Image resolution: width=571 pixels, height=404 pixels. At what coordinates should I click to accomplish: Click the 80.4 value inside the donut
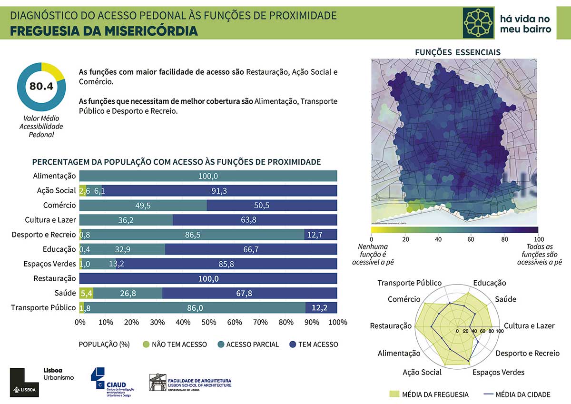pos(41,87)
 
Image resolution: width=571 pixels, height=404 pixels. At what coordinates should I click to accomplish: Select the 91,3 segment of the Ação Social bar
pos(219,191)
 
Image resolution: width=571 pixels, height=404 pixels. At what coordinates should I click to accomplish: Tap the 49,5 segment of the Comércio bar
pos(143,206)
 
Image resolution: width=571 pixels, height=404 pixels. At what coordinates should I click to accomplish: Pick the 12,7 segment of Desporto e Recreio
pos(320,235)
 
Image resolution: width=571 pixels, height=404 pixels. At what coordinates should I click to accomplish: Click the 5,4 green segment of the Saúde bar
pos(86,294)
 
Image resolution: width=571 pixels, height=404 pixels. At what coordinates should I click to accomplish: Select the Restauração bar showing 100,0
pos(208,279)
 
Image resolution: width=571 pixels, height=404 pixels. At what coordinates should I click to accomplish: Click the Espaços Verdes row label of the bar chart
pos(49,264)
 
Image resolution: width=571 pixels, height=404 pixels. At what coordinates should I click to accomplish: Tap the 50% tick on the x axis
pos(208,322)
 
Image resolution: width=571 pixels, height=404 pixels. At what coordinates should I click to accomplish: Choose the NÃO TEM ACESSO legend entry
pos(174,344)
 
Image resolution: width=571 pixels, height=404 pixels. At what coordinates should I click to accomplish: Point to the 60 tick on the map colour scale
pos(471,239)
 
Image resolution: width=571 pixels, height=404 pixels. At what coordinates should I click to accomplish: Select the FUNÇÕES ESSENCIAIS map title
pos(458,52)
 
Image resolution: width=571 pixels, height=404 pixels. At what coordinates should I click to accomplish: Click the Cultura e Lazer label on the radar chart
pos(529,326)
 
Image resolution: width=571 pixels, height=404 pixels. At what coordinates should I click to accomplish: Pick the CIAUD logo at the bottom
pos(112,381)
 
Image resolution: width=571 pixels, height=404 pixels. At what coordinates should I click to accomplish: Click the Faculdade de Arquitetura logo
pos(190,383)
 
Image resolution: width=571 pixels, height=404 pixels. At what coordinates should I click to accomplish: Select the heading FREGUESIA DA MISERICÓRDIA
pos(104,31)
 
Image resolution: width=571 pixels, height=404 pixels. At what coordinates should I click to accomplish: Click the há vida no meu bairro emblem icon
pos(479,22)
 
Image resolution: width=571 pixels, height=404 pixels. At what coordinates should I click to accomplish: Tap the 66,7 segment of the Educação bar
pos(251,249)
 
